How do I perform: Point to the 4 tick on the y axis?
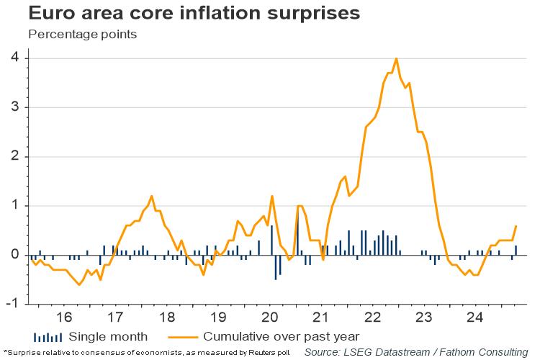tap(15, 58)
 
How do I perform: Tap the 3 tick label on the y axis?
tap(15, 107)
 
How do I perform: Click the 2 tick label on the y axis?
tap(15, 156)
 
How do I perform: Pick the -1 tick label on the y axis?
tap(13, 304)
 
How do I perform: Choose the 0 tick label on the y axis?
tap(15, 255)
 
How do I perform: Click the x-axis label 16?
tap(63, 318)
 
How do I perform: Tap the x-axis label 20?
tap(270, 318)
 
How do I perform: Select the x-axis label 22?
tap(373, 318)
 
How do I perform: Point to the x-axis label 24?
tap(476, 318)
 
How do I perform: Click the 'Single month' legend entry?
tap(108, 336)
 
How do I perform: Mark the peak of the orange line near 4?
tap(396, 58)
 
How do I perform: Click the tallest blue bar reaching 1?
tap(297, 230)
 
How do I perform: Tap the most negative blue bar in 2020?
tap(276, 267)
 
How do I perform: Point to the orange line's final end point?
tap(516, 225)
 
